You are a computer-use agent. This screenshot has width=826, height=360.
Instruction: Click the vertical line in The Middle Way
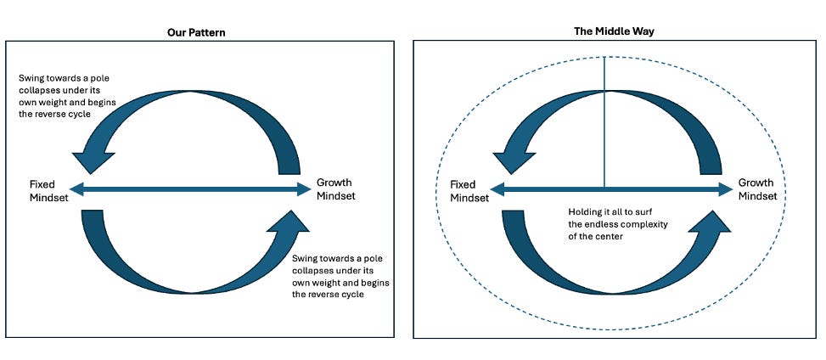[604, 119]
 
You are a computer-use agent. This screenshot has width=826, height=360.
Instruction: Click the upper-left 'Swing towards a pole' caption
[64, 79]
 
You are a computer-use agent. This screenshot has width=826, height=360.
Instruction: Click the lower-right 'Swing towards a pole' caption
[336, 258]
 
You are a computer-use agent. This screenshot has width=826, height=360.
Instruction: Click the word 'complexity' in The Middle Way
[634, 225]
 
